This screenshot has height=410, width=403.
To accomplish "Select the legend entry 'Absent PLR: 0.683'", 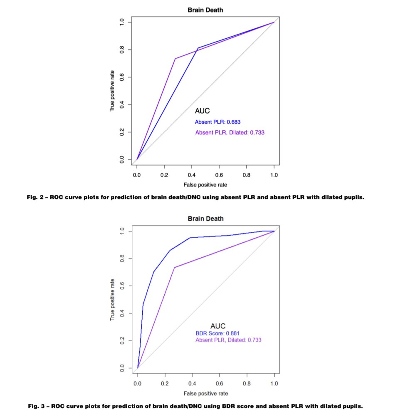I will tap(218, 122).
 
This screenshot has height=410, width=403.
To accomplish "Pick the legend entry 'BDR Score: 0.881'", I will tap(218, 333).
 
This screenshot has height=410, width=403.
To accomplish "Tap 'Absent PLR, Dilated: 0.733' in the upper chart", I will tap(230, 133).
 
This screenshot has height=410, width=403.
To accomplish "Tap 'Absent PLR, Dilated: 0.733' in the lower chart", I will tap(228, 340).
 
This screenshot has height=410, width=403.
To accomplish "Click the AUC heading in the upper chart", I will tap(202, 111).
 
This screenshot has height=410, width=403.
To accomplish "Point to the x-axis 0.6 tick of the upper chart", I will tap(219, 175).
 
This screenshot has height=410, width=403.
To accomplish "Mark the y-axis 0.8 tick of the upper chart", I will tap(122, 50).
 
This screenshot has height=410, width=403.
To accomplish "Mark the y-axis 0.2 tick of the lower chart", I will tap(122, 341).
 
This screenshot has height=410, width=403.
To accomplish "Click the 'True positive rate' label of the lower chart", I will tap(112, 300).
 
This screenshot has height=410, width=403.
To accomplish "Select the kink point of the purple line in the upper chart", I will tap(175, 58).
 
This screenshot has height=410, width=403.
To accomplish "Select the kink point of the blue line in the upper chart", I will tap(198, 48).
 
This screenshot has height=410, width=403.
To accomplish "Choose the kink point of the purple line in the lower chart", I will tap(175, 267).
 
